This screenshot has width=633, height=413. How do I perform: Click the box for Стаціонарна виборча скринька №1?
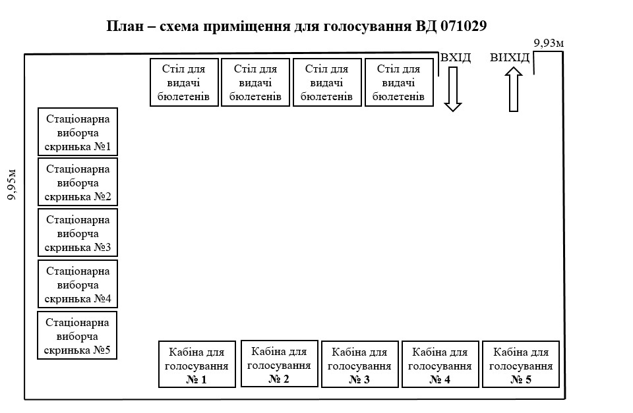click(78, 131)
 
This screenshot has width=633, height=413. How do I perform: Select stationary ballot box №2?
click(78, 182)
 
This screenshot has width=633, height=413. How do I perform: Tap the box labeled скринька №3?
click(78, 233)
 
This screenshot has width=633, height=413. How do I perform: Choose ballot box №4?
click(78, 284)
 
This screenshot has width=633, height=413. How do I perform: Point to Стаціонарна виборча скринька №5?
click(78, 335)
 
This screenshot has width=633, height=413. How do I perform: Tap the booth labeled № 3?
click(359, 364)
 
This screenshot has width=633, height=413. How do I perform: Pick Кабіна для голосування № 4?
click(440, 364)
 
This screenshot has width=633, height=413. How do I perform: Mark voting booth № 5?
click(521, 364)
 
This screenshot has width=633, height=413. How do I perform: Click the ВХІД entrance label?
click(456, 58)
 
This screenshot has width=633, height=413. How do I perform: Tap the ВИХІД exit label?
click(510, 58)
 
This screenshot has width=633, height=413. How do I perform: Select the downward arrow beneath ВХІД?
click(452, 89)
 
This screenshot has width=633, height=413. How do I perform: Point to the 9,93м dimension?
click(549, 43)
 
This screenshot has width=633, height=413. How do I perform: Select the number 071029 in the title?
click(458, 27)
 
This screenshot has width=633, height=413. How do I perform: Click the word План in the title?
click(125, 27)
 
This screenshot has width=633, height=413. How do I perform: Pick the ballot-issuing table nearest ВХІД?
click(399, 82)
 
